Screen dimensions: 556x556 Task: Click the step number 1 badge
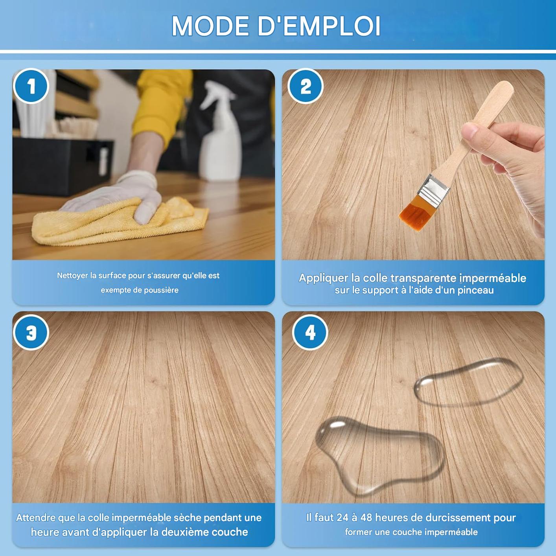tap(31, 86)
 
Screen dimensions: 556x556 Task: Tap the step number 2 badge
tap(306, 86)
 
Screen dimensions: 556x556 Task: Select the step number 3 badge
tap(31, 333)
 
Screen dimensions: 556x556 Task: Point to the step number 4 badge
tap(310, 333)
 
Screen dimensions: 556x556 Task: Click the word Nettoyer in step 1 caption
tap(72, 276)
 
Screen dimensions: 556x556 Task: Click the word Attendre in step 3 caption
tap(36, 517)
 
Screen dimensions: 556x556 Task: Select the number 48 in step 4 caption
tap(366, 517)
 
